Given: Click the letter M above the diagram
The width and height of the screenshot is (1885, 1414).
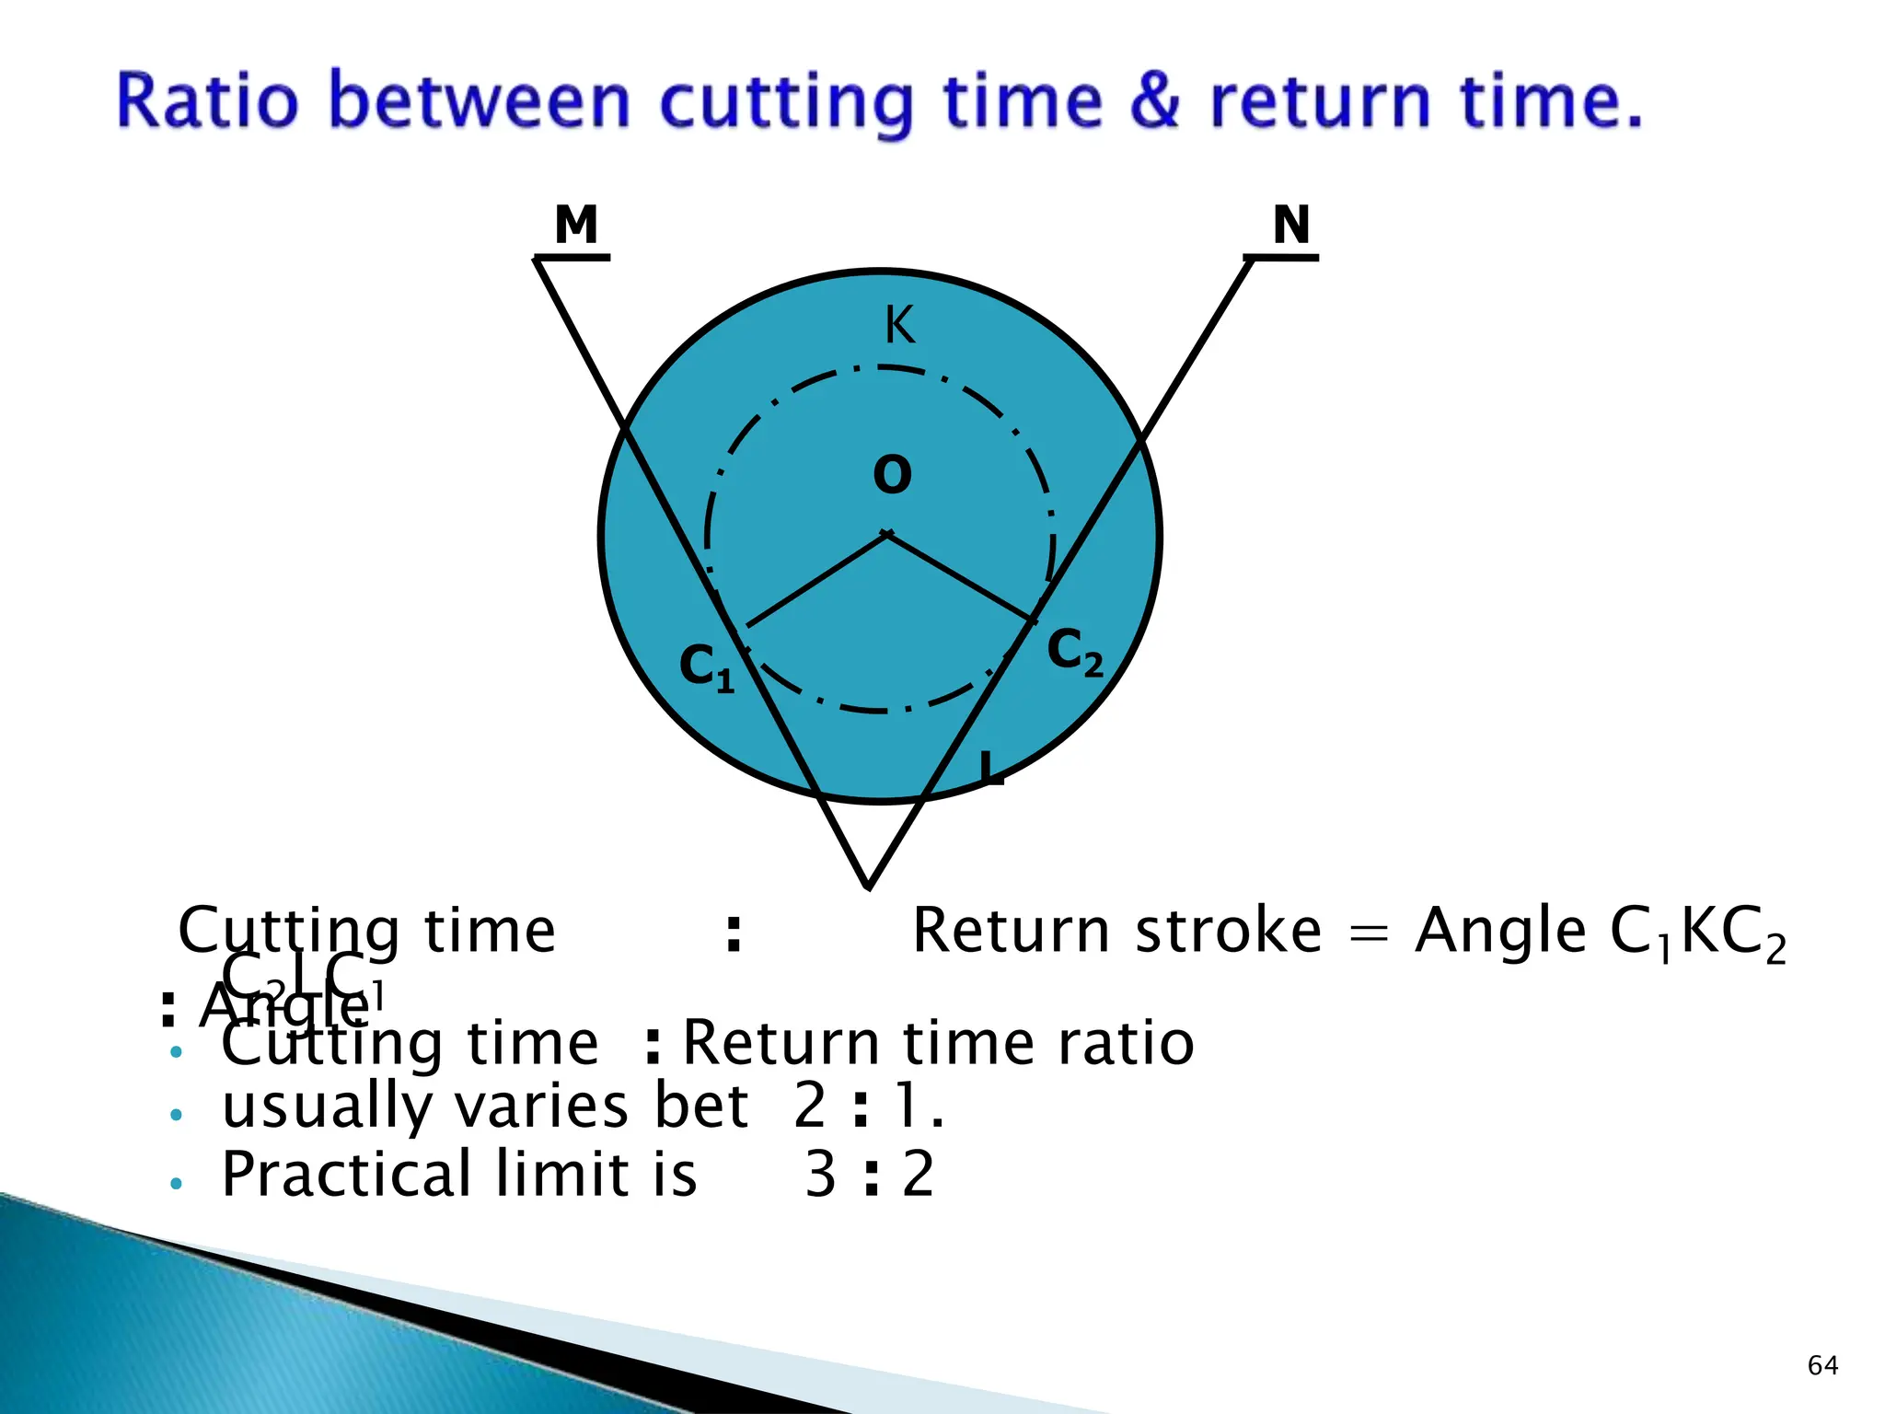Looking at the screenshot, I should click(x=576, y=225).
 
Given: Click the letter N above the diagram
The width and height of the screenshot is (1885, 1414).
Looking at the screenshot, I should click(x=1291, y=225).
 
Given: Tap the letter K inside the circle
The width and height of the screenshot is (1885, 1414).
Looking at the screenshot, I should click(x=899, y=325).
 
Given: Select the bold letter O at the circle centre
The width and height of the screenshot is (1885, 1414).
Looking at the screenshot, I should click(x=892, y=475).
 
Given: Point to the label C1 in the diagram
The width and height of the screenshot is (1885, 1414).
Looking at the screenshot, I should click(x=706, y=666).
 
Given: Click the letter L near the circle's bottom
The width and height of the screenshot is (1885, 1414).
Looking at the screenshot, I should click(x=989, y=768).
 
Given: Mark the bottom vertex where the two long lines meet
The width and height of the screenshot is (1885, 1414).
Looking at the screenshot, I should click(x=868, y=887).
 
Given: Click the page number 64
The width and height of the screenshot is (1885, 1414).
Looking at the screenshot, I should click(x=1822, y=1365).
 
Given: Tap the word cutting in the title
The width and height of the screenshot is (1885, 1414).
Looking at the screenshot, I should click(x=787, y=103).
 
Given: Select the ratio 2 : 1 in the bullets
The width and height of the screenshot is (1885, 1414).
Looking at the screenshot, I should click(x=868, y=1106).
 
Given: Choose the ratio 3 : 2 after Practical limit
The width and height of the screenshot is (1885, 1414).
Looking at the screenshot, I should click(x=870, y=1175).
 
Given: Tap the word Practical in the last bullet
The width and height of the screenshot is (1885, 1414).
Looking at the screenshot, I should click(x=347, y=1175).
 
